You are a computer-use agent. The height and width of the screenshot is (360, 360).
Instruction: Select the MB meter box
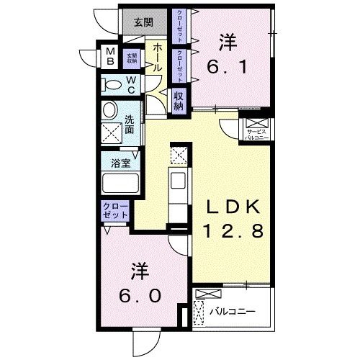click(111, 57)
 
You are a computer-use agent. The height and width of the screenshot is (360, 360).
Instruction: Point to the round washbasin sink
click(110, 111)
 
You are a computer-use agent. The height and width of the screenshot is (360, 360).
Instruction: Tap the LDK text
click(231, 207)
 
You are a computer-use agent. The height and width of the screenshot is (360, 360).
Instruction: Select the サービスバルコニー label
click(256, 134)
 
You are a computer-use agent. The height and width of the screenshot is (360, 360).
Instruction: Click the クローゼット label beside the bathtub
click(115, 211)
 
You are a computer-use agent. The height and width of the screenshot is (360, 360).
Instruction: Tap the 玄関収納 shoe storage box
click(132, 57)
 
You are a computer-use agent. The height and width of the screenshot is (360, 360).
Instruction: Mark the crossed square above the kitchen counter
click(178, 154)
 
